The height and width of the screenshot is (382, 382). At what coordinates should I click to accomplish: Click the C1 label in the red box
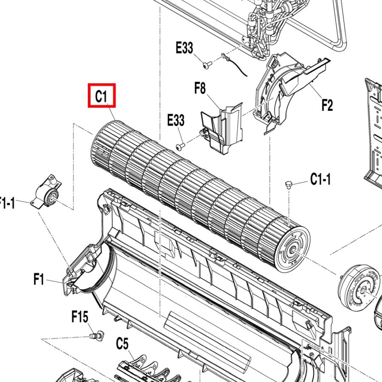101,96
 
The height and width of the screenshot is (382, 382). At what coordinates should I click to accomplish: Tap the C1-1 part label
320,179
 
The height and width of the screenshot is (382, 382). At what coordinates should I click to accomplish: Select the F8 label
200,88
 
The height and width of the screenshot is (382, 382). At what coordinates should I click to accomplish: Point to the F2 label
327,105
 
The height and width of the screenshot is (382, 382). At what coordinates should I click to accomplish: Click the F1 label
39,279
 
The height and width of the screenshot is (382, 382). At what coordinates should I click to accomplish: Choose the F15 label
80,317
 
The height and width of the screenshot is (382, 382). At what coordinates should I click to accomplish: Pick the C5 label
122,344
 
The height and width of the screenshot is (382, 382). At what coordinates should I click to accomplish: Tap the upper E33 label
185,48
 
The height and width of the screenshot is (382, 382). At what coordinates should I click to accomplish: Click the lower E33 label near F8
176,120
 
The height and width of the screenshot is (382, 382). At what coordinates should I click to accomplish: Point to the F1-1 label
7,203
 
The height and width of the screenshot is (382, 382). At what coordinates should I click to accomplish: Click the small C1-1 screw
289,184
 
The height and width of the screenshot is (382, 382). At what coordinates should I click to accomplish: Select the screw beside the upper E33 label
207,65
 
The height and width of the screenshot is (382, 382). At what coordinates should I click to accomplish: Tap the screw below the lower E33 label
180,146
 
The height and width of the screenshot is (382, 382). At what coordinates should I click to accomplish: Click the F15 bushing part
97,335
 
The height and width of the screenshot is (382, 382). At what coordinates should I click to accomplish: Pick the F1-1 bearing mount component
46,192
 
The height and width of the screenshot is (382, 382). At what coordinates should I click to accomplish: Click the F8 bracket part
222,128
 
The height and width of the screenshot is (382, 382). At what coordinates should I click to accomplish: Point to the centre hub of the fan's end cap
292,250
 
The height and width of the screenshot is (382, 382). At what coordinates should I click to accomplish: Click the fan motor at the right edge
360,288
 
